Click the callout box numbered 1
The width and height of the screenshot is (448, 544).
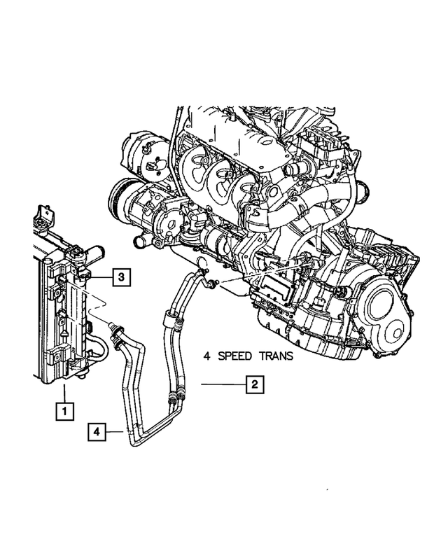click(x=64, y=412)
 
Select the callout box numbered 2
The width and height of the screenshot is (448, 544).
click(x=255, y=384)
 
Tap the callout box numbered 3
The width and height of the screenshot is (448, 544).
click(x=120, y=278)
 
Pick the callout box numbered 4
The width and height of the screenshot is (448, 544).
click(x=98, y=433)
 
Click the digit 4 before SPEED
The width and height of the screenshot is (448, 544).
click(x=207, y=356)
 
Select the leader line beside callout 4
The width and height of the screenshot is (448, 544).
click(x=116, y=433)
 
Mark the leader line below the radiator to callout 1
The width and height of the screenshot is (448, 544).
click(x=64, y=392)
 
